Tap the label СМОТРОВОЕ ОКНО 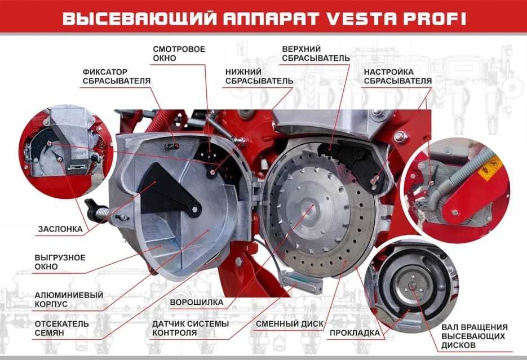pyautogui.click(x=179, y=54)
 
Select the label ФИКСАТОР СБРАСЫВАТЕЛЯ pyautogui.click(x=117, y=76)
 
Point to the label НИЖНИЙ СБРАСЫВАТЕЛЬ pyautogui.click(x=259, y=76)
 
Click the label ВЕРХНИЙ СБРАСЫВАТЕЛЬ pyautogui.click(x=316, y=54)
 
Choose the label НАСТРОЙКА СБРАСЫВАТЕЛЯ pyautogui.click(x=398, y=76)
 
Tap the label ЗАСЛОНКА pyautogui.click(x=60, y=229)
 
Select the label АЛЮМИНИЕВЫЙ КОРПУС pyautogui.click(x=69, y=300)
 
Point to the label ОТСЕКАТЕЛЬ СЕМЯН pyautogui.click(x=62, y=328)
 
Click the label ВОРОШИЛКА pyautogui.click(x=197, y=302)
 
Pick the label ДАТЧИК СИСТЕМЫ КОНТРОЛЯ pyautogui.click(x=191, y=328)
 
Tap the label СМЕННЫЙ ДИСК pyautogui.click(x=290, y=324)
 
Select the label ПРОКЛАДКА pyautogui.click(x=355, y=333)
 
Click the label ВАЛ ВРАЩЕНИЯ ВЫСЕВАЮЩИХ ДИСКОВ pyautogui.click(x=475, y=336)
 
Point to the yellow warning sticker pyautogui.click(x=490, y=167)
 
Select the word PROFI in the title pyautogui.click(x=435, y=19)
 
